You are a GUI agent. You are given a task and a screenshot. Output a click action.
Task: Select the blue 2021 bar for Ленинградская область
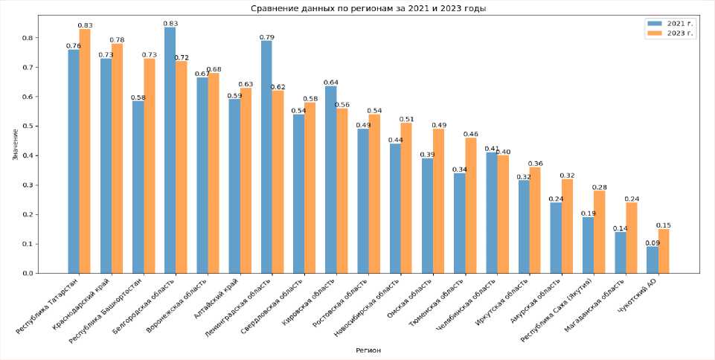click(x=266, y=157)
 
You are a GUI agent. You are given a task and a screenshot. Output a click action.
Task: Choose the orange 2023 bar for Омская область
click(x=438, y=201)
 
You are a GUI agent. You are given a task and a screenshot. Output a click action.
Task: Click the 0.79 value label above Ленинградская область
click(x=266, y=37)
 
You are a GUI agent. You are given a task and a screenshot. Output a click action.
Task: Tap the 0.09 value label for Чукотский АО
click(x=652, y=243)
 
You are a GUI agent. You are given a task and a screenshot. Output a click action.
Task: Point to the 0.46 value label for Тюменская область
click(x=470, y=134)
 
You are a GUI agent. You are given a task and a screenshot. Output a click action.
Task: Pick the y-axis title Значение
click(x=16, y=145)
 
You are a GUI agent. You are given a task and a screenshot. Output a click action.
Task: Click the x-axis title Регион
click(x=368, y=350)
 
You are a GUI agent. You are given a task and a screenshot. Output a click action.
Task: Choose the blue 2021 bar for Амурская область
click(x=556, y=238)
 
